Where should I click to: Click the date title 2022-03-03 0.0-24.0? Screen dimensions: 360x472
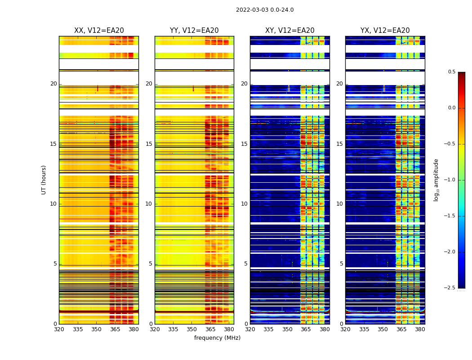tap(265, 10)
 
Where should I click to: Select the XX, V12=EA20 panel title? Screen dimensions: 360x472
tap(99, 31)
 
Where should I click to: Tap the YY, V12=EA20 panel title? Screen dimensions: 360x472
tap(194, 31)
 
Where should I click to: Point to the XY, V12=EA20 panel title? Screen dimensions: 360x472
tap(290, 31)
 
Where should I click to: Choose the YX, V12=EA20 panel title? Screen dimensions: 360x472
tap(385, 31)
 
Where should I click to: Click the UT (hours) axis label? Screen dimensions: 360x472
tap(44, 180)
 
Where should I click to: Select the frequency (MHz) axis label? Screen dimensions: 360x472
tap(217, 338)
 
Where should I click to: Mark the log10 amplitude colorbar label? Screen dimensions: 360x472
tap(436, 180)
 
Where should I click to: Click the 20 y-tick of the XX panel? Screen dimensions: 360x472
tap(53, 84)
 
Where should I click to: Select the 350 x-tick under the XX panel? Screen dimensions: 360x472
tap(96, 329)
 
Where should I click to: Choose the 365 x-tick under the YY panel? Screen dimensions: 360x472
tap(210, 329)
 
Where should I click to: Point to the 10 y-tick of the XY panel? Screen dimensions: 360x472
tap(244, 204)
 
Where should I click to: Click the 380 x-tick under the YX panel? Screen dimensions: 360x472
tap(420, 329)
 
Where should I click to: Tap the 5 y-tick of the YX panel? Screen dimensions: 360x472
tap(341, 264)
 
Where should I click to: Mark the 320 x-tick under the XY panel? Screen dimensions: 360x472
tap(250, 329)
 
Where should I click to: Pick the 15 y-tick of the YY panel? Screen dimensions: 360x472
tap(149, 144)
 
